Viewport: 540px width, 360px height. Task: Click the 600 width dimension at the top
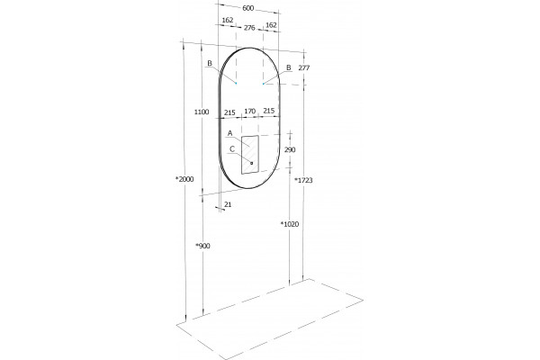248,8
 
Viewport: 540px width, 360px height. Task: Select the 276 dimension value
249,28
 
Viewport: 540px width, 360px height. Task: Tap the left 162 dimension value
228,21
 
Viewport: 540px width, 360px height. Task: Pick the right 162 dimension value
271,25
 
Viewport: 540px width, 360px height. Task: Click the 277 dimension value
304,67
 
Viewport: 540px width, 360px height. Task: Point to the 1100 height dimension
202,112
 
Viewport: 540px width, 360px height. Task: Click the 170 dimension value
249,111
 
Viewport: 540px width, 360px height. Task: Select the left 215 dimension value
229,112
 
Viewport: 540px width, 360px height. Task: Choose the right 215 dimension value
269,111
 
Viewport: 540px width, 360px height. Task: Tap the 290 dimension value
290,149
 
